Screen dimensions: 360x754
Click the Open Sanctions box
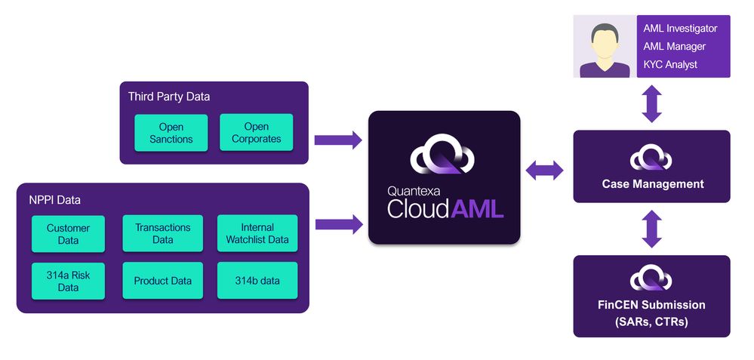(x=171, y=134)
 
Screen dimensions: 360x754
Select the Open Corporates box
(x=257, y=134)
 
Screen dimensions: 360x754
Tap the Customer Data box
(x=68, y=234)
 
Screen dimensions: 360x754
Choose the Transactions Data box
(x=163, y=234)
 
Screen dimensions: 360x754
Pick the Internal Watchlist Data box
(x=257, y=234)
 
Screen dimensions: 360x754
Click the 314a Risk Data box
(x=68, y=281)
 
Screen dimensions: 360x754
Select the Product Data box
(x=163, y=281)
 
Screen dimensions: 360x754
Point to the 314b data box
(x=257, y=281)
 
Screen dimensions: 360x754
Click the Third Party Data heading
(x=169, y=97)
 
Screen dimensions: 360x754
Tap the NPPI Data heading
(x=55, y=200)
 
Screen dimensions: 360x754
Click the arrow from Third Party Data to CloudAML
(x=337, y=140)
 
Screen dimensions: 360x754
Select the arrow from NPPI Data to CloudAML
(x=337, y=223)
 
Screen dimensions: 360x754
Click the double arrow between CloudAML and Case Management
(x=545, y=171)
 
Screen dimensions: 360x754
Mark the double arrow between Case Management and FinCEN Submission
(x=651, y=229)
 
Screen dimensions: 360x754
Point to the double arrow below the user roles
(x=651, y=103)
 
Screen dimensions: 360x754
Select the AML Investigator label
(x=680, y=29)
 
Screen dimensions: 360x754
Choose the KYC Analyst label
(x=670, y=65)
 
